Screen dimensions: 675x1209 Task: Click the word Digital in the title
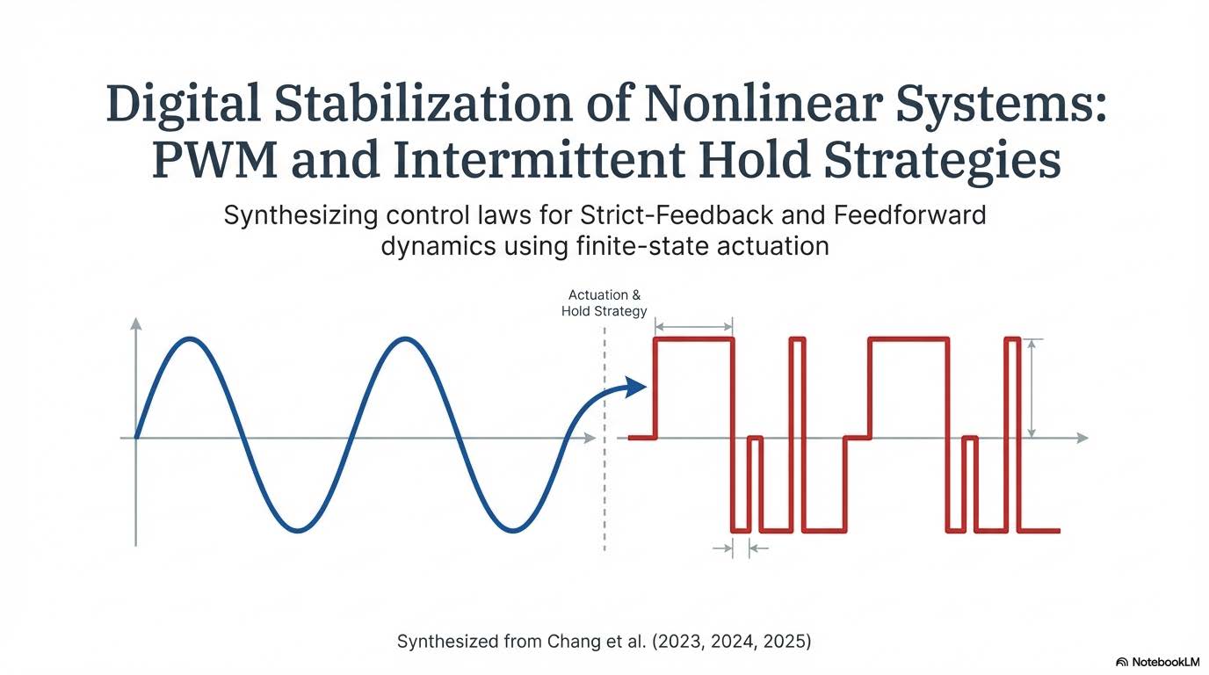click(185, 105)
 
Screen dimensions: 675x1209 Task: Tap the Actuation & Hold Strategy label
click(604, 303)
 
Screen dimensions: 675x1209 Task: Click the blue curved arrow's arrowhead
click(637, 388)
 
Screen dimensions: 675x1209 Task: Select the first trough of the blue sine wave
click(299, 530)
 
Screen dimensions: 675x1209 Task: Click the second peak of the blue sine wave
click(404, 338)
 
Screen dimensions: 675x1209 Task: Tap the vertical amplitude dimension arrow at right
click(1032, 388)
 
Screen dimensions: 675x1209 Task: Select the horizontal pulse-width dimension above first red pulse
click(694, 327)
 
